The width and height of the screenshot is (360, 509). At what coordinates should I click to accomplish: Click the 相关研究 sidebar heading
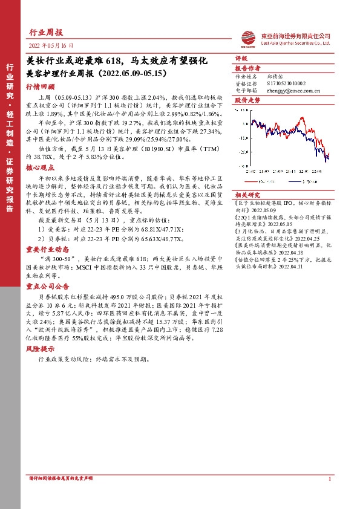(x=247, y=193)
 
